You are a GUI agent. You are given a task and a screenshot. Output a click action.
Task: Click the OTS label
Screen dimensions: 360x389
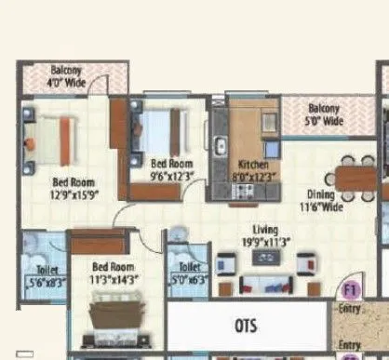click(245, 326)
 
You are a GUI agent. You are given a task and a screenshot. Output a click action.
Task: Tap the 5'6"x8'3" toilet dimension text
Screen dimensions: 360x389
click(43, 280)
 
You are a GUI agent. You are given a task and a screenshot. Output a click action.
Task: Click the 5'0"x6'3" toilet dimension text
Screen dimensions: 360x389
click(191, 279)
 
